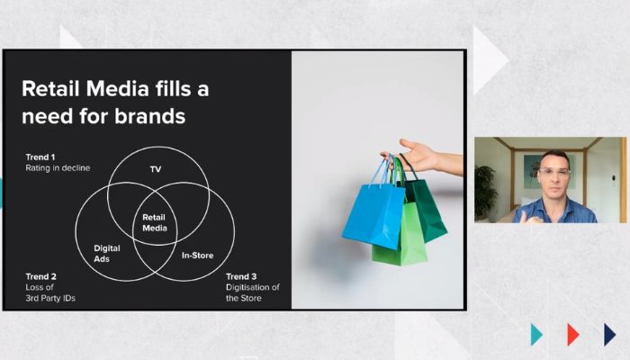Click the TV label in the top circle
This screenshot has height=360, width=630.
point(156,169)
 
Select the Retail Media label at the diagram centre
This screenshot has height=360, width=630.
point(155,222)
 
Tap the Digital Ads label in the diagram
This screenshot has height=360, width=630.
point(107,254)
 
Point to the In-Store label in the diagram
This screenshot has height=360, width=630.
point(197,255)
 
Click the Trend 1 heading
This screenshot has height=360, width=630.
point(40,157)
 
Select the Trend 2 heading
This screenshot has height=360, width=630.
point(41,276)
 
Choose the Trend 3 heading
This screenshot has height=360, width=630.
point(241,276)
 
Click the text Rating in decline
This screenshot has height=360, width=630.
point(58,168)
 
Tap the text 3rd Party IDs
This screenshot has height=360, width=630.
point(50,298)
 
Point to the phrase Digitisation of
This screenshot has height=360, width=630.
point(253,287)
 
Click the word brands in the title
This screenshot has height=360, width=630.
point(150,116)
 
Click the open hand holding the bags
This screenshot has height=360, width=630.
point(418,155)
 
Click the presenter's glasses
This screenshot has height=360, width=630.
point(554,173)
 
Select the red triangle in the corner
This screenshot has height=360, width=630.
point(573,334)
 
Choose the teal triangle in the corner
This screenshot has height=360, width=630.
point(536,334)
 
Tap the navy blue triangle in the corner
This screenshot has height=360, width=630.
point(610,334)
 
